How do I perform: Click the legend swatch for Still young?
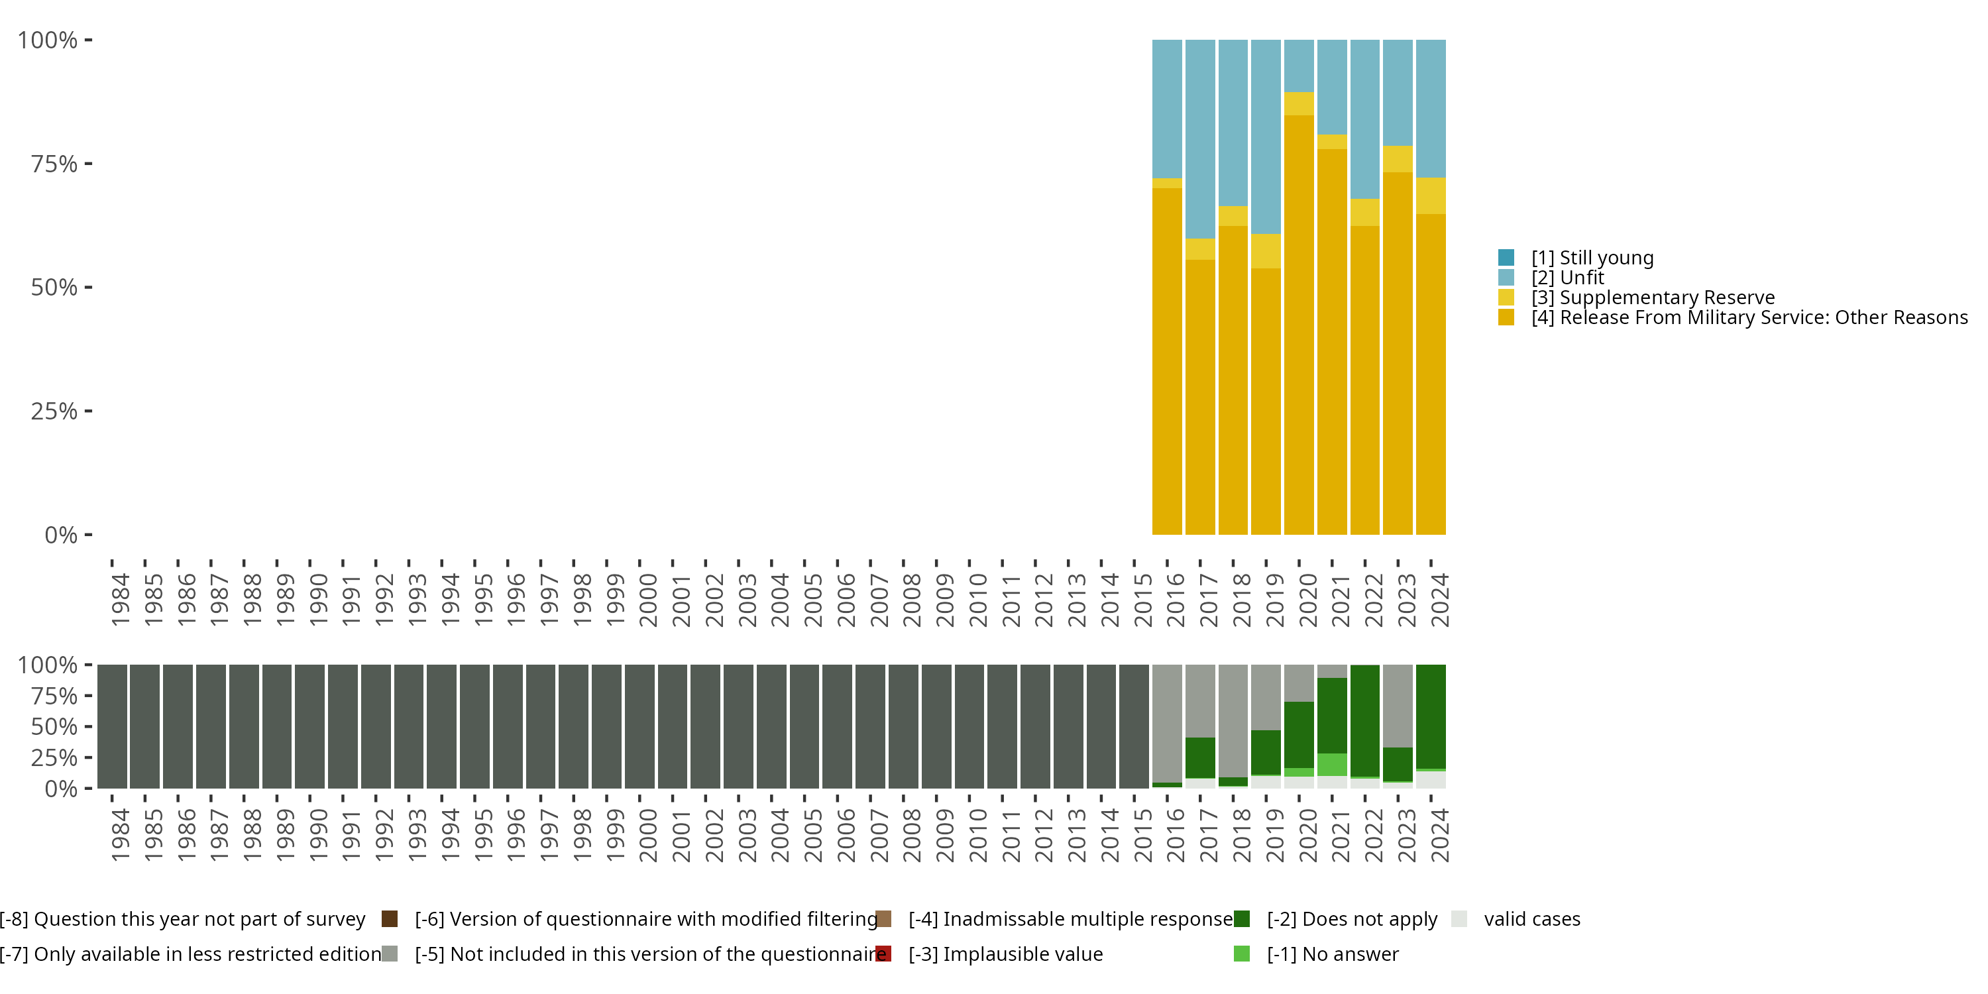tap(1506, 258)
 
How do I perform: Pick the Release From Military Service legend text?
tap(1749, 318)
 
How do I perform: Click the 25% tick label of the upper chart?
tap(54, 412)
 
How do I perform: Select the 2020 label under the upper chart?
tap(1308, 600)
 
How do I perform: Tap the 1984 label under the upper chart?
tap(121, 600)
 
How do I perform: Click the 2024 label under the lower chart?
tap(1440, 835)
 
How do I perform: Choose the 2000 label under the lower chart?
tap(648, 835)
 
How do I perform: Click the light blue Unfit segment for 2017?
tap(1200, 139)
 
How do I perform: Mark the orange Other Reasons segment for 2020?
tap(1299, 324)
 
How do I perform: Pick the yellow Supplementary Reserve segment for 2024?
tap(1431, 196)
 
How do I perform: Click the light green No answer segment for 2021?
tap(1332, 764)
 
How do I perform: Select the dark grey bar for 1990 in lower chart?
tap(309, 726)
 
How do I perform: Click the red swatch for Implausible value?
tap(883, 954)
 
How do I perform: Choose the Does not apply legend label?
tap(1352, 919)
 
